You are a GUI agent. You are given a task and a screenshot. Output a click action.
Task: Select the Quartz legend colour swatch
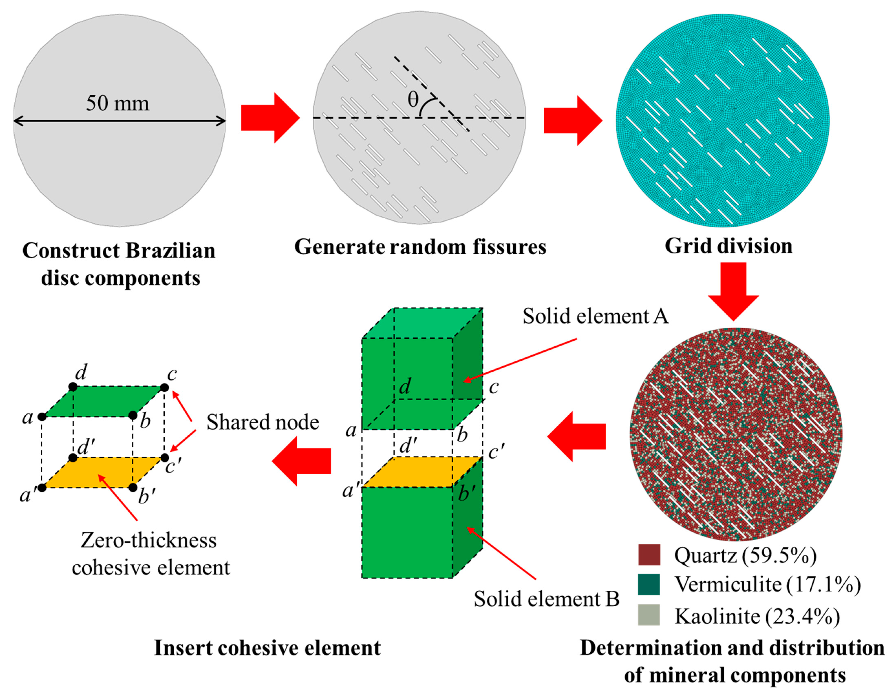point(649,555)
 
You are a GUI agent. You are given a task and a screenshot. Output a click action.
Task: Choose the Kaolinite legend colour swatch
point(649,614)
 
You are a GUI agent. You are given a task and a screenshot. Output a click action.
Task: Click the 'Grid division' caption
point(728,246)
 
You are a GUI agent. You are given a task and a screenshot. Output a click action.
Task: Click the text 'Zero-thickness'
point(149,540)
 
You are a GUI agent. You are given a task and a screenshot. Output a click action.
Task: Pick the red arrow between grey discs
point(270,118)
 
